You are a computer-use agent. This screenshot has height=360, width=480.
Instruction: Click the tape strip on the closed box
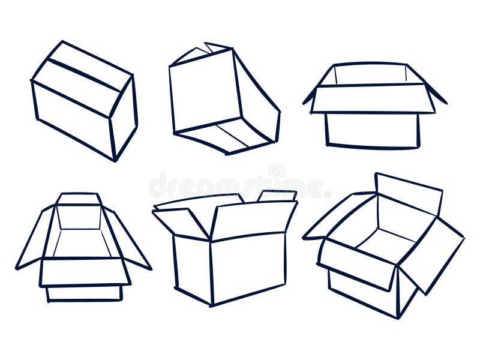pos(83,74)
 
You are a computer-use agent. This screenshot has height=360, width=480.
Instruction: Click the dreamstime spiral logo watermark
pos(277,172)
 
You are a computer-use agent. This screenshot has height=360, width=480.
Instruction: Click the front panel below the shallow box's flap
pos(372,130)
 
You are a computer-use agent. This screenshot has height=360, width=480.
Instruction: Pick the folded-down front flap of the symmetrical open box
pos(84,272)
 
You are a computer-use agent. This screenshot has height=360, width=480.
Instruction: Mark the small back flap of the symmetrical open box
pos(79,199)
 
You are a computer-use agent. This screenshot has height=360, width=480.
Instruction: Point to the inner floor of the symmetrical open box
pos(80,242)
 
